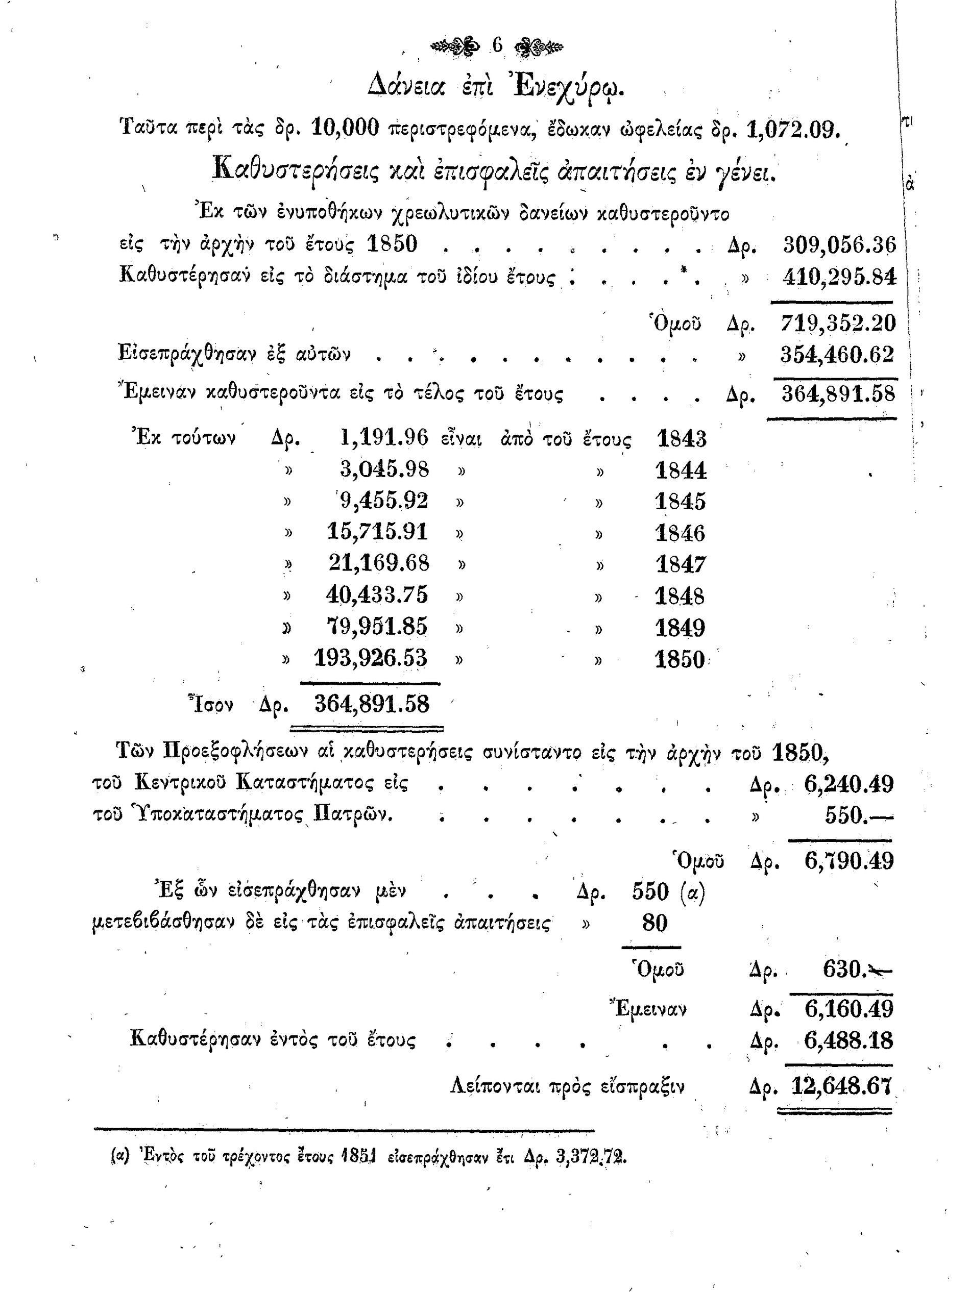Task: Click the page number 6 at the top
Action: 497,45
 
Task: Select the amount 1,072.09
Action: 793,129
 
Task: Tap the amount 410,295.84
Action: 839,276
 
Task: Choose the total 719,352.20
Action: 838,322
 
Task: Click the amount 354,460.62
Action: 837,354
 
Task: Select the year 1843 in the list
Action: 682,438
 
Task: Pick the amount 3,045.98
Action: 384,469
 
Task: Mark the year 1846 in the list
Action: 680,533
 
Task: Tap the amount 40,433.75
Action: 377,594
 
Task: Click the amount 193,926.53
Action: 371,658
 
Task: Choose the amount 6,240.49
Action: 848,784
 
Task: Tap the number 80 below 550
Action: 654,923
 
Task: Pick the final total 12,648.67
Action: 841,1086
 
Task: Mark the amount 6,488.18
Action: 848,1040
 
